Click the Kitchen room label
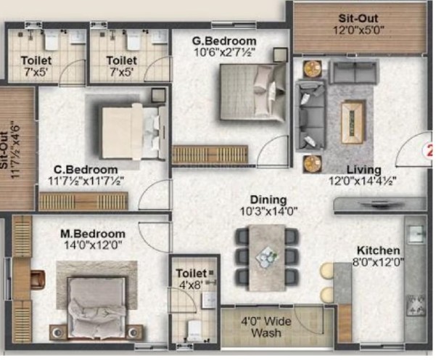378,250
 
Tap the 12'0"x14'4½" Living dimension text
362,181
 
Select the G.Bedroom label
224,41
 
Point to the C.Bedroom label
86,169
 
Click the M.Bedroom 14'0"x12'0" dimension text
93,245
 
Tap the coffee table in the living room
353,122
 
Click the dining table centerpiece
267,256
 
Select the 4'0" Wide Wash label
266,327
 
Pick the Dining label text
268,200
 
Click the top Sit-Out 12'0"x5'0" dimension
358,30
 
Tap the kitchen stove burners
416,305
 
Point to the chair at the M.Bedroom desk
38,278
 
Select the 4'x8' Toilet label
191,279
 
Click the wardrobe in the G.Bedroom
210,154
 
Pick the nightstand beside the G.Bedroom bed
280,55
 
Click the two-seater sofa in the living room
353,72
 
